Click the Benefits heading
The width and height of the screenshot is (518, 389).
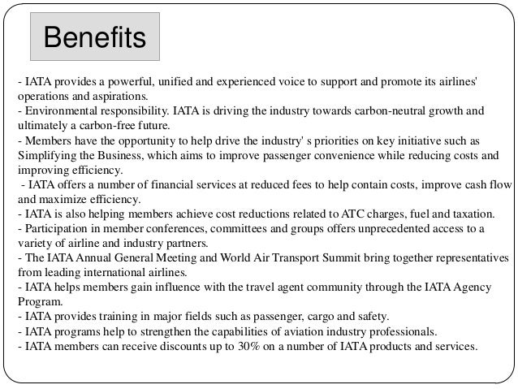[94, 37]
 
